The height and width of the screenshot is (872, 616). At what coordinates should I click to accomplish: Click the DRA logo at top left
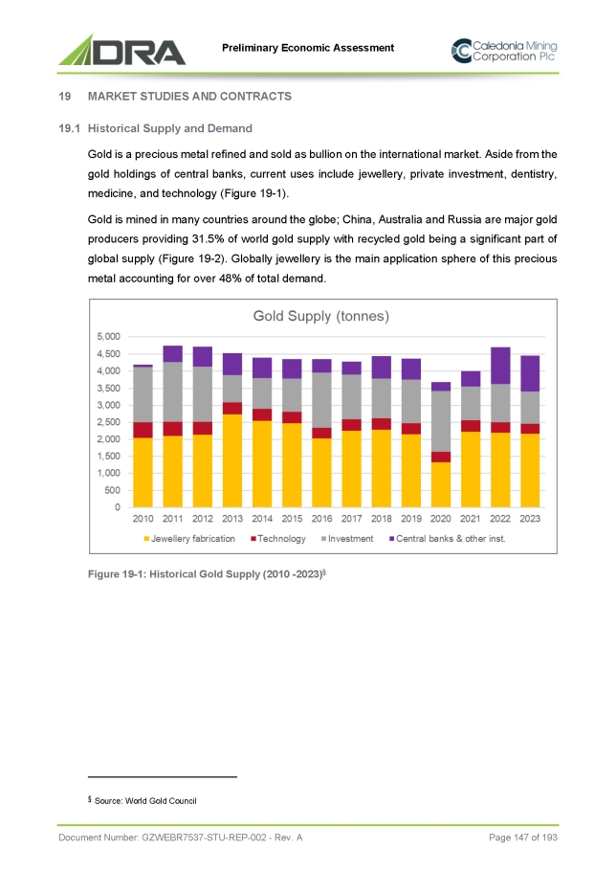point(121,49)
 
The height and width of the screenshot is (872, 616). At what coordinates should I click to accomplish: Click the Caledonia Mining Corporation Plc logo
point(503,50)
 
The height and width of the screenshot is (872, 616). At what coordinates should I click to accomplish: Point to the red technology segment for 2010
point(143,430)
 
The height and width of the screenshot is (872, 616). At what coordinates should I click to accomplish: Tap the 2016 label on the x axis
point(321,520)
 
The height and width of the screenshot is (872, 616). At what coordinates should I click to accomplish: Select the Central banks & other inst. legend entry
point(452,539)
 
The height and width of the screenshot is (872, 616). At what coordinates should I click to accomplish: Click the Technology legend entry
point(281,539)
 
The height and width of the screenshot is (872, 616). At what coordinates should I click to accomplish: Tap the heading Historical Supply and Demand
point(169,127)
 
